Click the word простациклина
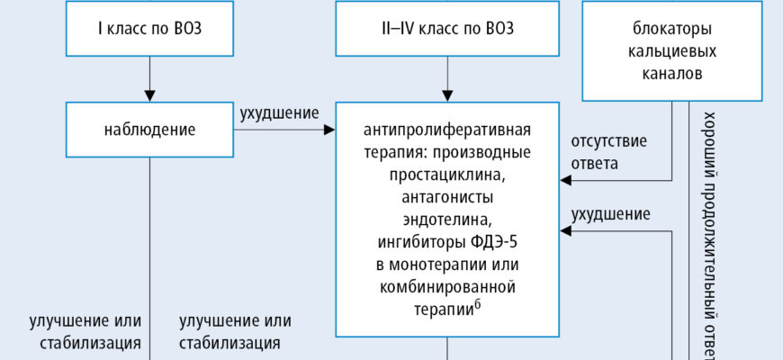click(x=447, y=173)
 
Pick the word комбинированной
click(x=447, y=289)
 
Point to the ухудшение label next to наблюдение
click(x=279, y=114)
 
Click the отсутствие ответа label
click(x=608, y=153)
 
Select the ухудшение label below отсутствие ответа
click(x=610, y=213)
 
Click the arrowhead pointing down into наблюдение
click(x=150, y=94)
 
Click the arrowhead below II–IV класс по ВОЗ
click(x=447, y=94)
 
